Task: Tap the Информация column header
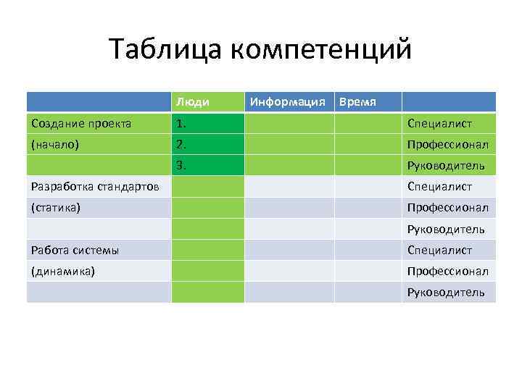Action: tap(287, 102)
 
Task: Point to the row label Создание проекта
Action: tap(81, 123)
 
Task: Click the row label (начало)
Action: tap(55, 144)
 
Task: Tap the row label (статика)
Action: tap(56, 208)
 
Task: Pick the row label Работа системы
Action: tap(75, 251)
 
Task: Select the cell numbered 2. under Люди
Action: tap(181, 144)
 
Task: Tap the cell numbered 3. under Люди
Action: tap(181, 166)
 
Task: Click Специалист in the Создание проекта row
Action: tap(439, 123)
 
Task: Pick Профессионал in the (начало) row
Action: tap(447, 144)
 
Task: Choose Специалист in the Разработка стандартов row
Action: tap(439, 187)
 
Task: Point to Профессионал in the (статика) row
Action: tap(447, 208)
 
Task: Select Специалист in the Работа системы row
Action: tap(439, 251)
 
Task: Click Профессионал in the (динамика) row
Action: tap(447, 272)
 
